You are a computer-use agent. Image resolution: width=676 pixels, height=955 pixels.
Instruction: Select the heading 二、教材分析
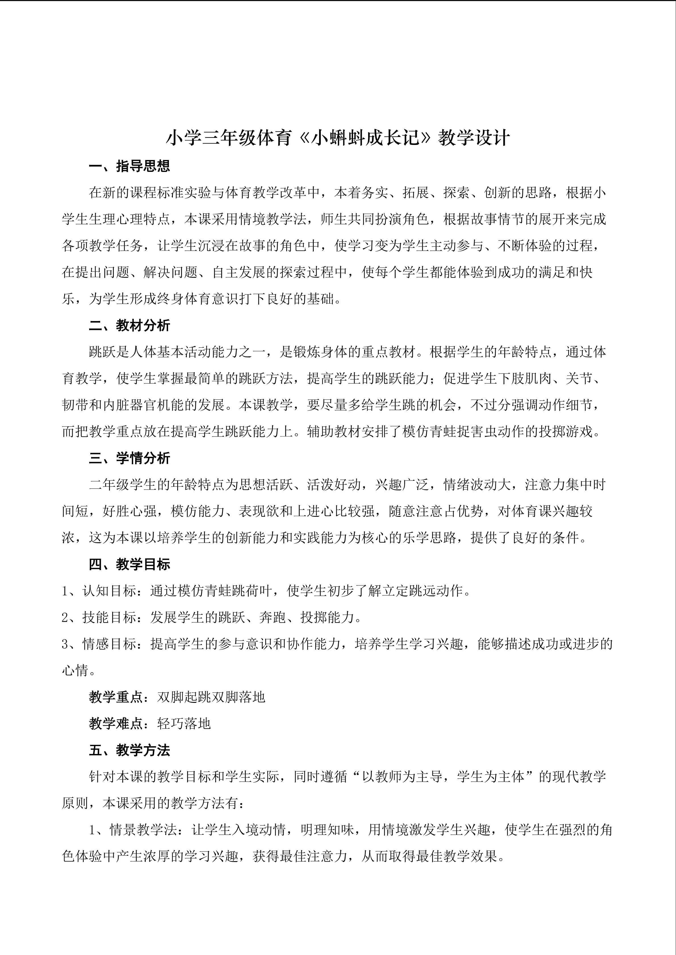click(x=129, y=326)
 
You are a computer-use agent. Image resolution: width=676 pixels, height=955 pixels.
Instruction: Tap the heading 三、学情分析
click(x=129, y=458)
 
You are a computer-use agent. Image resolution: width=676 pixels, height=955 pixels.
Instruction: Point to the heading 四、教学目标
click(x=129, y=564)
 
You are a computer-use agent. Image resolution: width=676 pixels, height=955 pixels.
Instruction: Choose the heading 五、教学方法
click(x=129, y=750)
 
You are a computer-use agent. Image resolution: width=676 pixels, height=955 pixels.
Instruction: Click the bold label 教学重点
click(x=116, y=697)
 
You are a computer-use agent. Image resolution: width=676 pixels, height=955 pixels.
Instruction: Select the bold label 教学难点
click(x=116, y=724)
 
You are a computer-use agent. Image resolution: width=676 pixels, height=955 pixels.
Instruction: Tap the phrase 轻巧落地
click(x=184, y=724)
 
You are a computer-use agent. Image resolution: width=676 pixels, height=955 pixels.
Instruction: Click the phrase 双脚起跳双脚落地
click(x=211, y=697)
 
